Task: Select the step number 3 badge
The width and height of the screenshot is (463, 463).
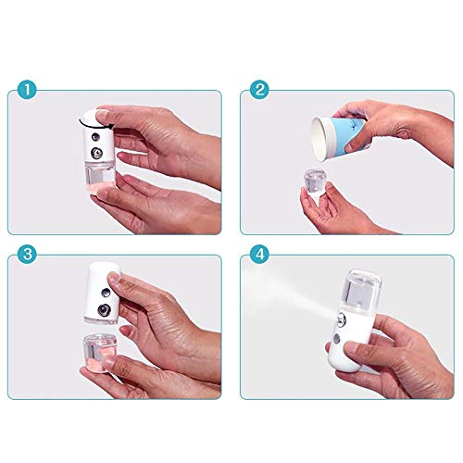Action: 27,253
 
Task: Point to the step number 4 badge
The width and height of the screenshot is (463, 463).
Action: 260,253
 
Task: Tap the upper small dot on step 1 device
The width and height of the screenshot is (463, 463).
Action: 95,139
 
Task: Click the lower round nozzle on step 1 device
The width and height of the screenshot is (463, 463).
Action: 96,153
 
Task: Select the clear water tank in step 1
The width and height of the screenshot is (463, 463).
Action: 100,184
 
